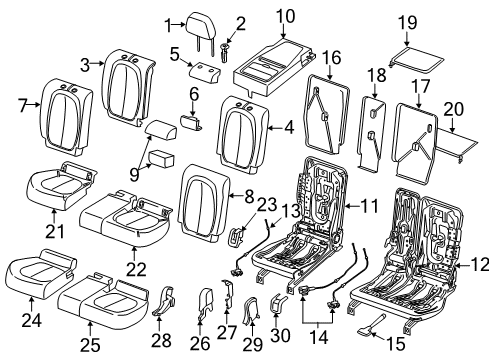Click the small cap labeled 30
[x=281, y=303]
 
